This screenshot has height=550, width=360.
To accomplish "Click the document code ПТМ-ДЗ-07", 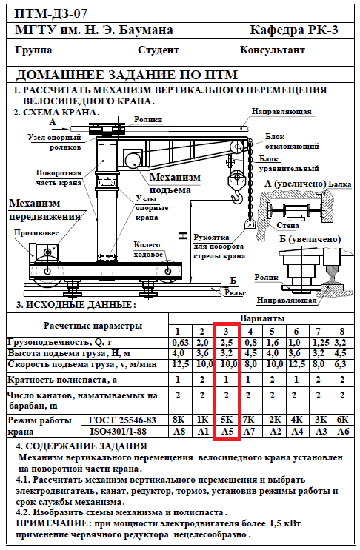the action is click(x=50, y=13).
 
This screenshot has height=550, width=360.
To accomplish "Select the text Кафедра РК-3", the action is click(x=294, y=30).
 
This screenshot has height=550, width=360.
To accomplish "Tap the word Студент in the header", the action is click(x=159, y=50).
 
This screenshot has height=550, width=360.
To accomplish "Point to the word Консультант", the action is click(x=273, y=50).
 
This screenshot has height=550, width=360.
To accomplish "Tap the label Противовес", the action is click(x=36, y=233).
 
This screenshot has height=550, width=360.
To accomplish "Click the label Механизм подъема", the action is click(x=174, y=184).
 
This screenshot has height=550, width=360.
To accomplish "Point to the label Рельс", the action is click(x=235, y=292).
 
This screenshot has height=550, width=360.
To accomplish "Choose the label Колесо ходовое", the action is click(x=147, y=249).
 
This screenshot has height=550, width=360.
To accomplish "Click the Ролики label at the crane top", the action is click(x=148, y=120).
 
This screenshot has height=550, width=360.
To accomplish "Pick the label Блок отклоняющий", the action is click(x=292, y=141).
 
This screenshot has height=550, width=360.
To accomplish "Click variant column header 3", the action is click(x=226, y=331).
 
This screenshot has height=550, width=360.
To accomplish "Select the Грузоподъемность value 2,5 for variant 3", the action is click(x=227, y=342).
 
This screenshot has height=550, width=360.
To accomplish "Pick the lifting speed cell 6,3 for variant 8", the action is click(x=341, y=364).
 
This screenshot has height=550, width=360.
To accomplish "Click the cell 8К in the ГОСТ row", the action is click(x=179, y=420).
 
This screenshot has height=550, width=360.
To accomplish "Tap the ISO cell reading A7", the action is click(x=249, y=431).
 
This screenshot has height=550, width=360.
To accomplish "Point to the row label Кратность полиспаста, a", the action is click(x=62, y=380).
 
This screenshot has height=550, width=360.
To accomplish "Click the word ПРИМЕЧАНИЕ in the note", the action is click(x=52, y=523).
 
